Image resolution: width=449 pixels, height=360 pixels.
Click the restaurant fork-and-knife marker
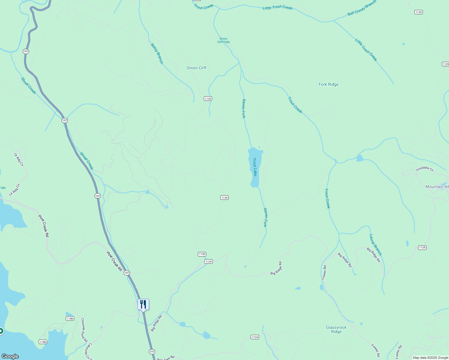(143, 304)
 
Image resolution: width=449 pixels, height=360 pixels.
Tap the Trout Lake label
(255, 167)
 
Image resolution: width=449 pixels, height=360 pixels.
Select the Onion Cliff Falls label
(224, 40)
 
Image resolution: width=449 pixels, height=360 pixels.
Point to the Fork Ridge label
(329, 85)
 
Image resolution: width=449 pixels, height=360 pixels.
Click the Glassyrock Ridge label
(336, 329)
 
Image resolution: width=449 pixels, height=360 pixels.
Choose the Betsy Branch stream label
(157, 54)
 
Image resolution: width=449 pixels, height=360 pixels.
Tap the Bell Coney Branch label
(362, 8)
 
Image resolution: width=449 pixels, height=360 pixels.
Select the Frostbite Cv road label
(425, 169)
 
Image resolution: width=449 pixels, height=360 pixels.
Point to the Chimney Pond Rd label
(84, 330)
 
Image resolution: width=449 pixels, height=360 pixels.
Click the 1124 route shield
(255, 337)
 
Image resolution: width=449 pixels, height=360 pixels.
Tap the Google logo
(10, 356)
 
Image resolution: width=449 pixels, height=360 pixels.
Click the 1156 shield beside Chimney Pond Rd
(70, 319)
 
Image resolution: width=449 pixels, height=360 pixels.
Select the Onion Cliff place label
(197, 68)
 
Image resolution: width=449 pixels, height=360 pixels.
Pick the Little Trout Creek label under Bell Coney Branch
(366, 50)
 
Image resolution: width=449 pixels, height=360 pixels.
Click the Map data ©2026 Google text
(430, 358)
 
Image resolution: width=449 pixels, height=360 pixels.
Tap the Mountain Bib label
(437, 187)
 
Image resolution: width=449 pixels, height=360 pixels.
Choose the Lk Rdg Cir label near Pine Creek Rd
(14, 190)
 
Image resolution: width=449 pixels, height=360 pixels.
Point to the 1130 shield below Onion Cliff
(208, 99)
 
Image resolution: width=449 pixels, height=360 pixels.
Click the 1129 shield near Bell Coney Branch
(419, 12)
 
